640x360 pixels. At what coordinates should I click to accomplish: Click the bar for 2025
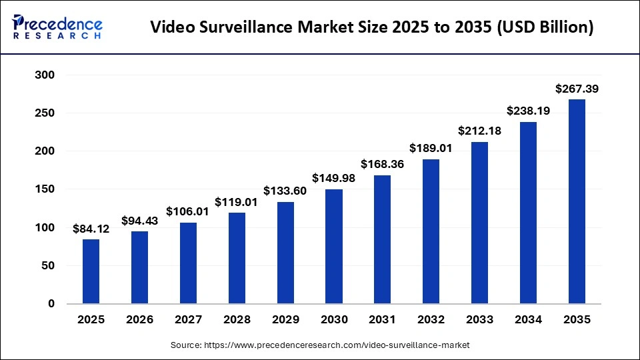point(91,271)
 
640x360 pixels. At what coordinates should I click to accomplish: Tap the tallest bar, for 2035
point(577,201)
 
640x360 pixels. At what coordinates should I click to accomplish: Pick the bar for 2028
point(237,258)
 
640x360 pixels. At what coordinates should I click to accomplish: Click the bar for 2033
point(479,223)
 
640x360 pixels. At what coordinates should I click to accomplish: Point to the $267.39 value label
point(577,89)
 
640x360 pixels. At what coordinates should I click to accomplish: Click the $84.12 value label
point(91,229)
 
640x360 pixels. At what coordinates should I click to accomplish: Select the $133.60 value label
point(285,191)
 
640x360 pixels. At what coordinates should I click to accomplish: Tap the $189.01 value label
point(431,149)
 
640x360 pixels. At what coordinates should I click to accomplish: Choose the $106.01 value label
point(188,212)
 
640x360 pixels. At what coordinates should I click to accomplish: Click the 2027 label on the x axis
point(188,320)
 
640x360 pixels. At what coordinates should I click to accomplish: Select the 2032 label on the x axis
point(431,320)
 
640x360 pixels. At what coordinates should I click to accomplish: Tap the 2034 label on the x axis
point(528,320)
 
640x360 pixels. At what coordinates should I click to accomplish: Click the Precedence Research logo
point(57,27)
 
